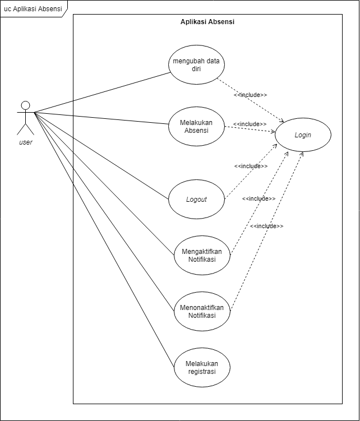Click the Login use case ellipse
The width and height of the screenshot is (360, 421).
point(303,135)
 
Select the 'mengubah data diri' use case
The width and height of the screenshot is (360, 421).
point(196,65)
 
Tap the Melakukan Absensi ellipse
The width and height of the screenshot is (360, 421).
point(196,127)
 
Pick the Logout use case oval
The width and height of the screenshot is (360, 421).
point(196,199)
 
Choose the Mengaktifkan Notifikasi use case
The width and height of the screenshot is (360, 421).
point(202,255)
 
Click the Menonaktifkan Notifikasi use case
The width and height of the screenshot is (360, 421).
point(202,312)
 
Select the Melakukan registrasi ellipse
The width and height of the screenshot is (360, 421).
point(202,367)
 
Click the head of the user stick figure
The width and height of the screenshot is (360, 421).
point(25,105)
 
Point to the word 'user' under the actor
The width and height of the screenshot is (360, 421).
point(26,142)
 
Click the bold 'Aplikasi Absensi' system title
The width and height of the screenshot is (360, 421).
point(207,22)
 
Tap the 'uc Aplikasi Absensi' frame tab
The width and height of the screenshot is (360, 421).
point(33,8)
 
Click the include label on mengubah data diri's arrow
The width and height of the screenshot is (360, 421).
point(250,95)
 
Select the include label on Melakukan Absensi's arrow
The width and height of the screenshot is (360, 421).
point(250,124)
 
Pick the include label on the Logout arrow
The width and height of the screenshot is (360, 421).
point(251,166)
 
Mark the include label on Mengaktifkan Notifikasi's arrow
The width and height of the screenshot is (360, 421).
point(259,198)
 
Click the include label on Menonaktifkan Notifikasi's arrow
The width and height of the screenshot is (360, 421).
point(266,226)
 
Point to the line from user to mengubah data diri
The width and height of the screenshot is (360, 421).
point(101,93)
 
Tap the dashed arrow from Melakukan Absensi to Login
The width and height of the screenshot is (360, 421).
point(250,130)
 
